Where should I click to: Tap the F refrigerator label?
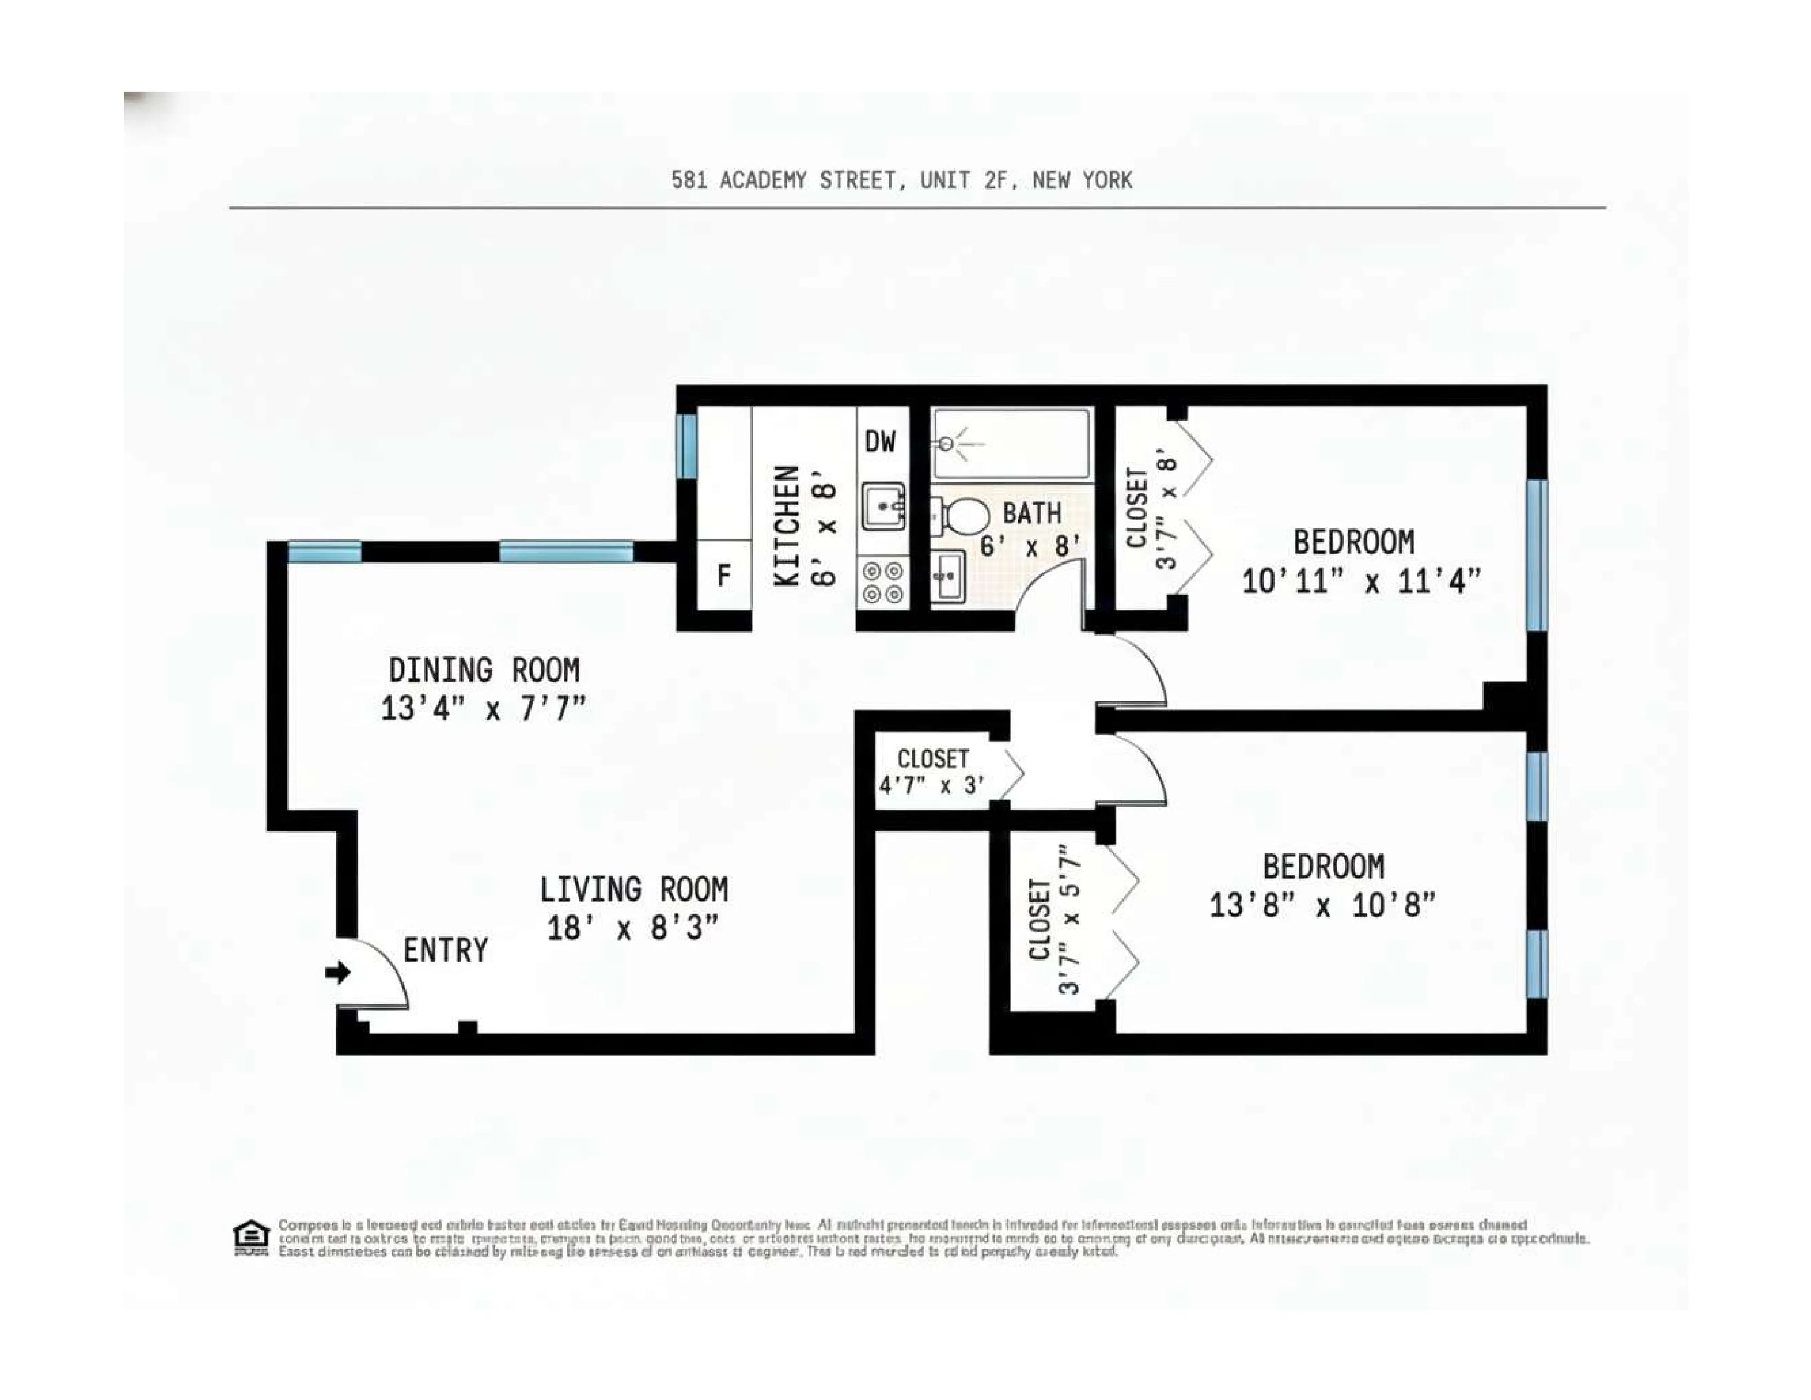pos(724,575)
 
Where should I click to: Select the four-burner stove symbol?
pos(882,582)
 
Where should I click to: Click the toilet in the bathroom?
pos(962,517)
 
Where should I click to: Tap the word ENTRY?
pos(445,950)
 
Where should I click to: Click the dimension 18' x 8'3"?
pos(632,927)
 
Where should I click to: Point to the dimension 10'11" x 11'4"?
pos(1360,580)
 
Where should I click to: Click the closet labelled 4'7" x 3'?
pos(932,772)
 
